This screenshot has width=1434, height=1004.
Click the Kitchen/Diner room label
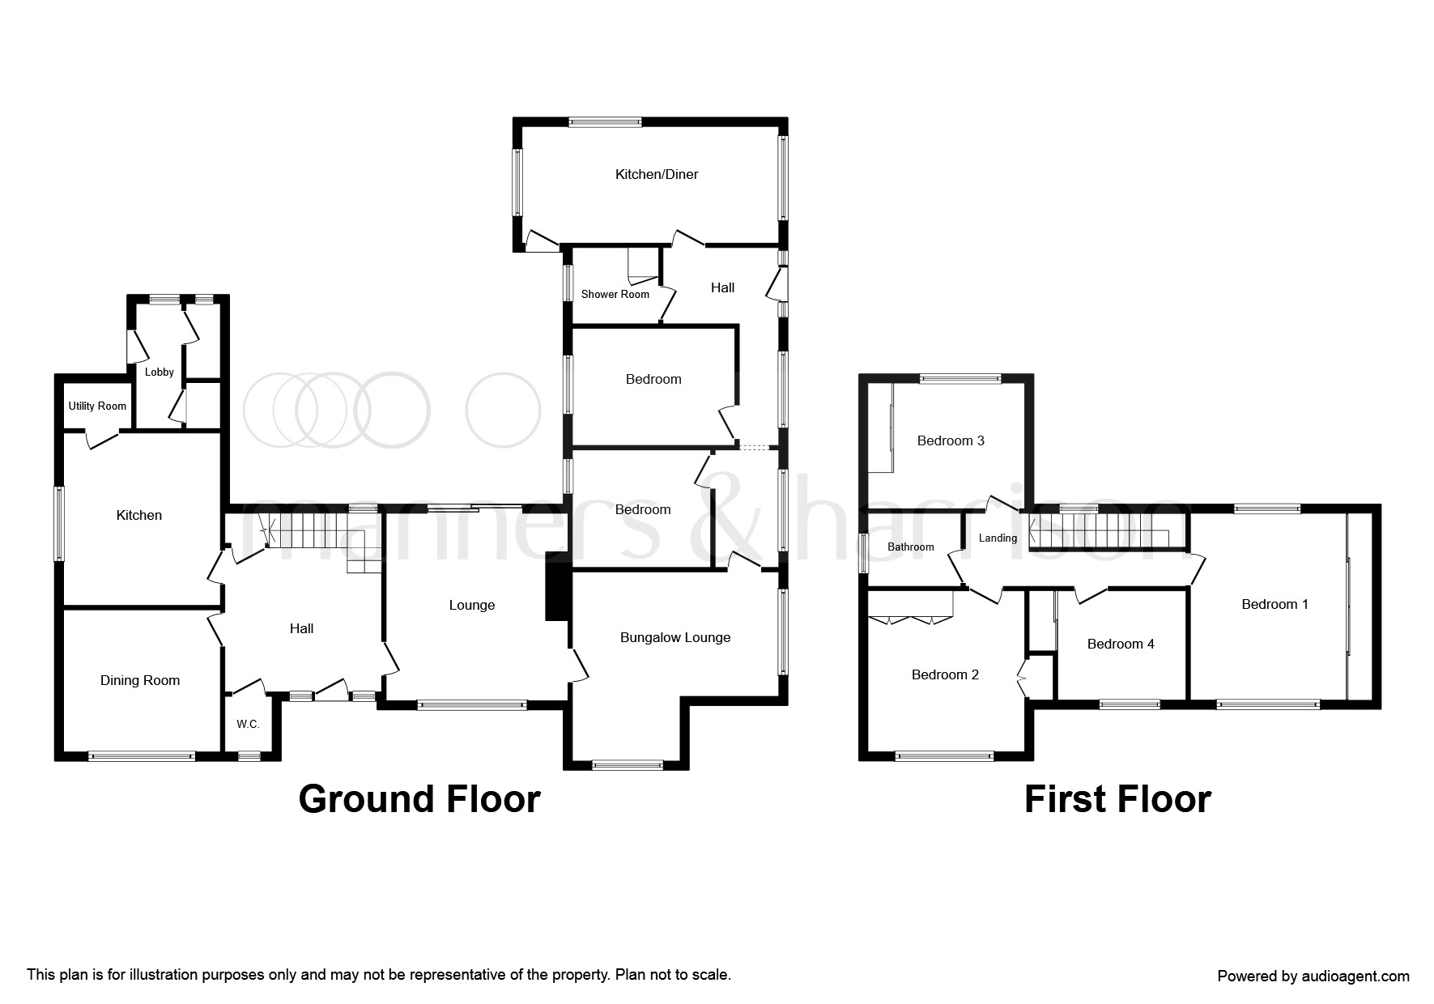click(x=656, y=174)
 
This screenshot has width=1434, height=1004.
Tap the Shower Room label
click(x=615, y=294)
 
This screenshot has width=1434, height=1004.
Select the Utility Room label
click(x=97, y=406)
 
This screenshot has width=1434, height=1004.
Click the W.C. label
click(x=248, y=724)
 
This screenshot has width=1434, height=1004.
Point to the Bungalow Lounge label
click(x=674, y=637)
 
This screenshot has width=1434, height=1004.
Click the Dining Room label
click(x=139, y=680)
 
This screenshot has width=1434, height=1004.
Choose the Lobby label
click(x=159, y=372)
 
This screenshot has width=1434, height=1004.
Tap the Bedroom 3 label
click(x=950, y=440)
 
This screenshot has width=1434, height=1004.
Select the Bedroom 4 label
click(x=1120, y=644)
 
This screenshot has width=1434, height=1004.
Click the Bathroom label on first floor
click(x=910, y=547)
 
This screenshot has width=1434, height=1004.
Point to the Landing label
click(x=997, y=538)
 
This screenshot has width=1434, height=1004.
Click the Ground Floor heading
click(x=419, y=799)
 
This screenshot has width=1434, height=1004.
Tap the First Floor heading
click(x=1117, y=799)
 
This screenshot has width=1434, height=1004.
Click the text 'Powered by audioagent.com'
click(x=1313, y=976)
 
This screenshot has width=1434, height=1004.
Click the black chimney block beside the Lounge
click(x=557, y=586)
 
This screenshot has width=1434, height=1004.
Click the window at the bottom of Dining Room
click(x=142, y=756)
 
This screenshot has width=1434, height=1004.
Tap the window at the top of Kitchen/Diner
click(x=605, y=122)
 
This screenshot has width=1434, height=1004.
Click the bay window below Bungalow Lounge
click(x=628, y=764)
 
